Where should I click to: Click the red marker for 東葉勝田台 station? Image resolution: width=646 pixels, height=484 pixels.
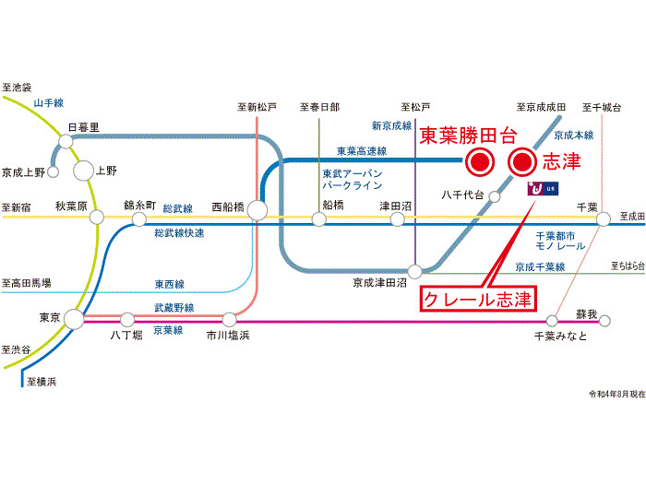[478, 162]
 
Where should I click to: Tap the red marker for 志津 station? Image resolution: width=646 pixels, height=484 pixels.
[522, 162]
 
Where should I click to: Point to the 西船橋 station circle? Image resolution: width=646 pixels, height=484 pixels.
[257, 210]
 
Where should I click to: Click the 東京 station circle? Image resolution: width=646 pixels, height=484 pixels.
[73, 319]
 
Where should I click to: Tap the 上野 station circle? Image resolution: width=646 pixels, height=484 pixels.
[84, 170]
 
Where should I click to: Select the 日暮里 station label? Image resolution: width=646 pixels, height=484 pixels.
[83, 126]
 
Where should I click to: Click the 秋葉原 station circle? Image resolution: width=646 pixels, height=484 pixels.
[96, 218]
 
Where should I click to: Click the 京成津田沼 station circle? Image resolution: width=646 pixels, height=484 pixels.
[416, 271]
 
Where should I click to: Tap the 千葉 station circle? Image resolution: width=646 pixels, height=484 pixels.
[604, 218]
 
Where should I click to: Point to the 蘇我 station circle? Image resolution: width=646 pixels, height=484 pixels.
[605, 320]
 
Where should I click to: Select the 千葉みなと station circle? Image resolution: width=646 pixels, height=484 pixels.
[552, 320]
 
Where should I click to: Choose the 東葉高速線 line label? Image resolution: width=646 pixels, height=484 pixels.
[361, 150]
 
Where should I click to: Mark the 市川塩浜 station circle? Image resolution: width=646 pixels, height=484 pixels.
[230, 319]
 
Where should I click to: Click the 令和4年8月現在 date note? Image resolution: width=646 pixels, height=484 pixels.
[616, 394]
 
